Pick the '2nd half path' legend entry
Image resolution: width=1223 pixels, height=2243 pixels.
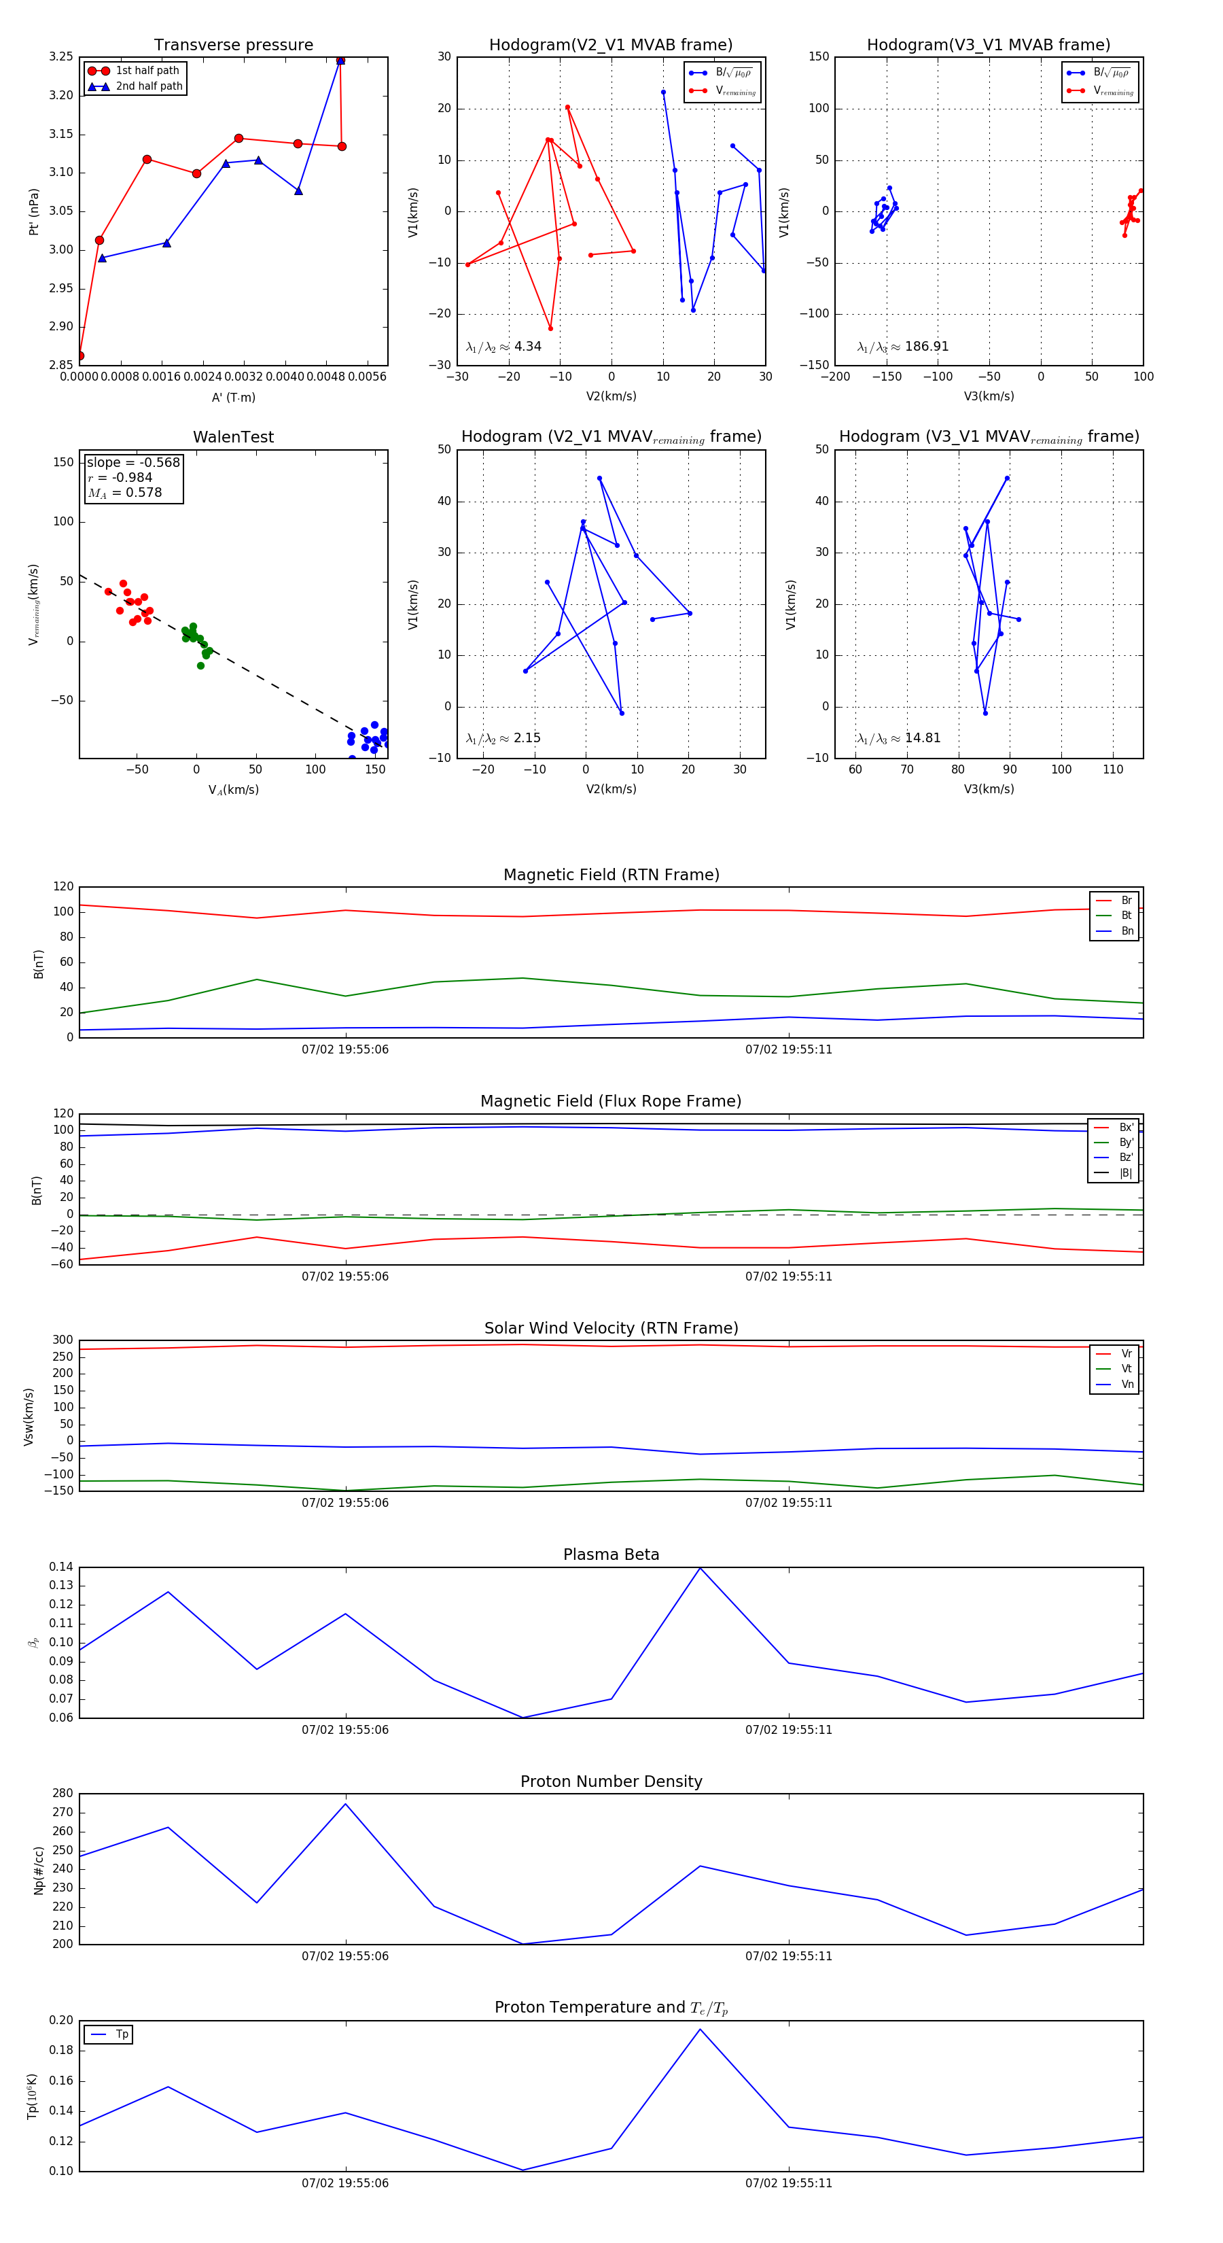tap(149, 86)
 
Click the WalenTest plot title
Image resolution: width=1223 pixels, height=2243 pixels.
tap(233, 437)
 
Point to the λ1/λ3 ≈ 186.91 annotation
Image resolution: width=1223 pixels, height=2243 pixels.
tap(903, 347)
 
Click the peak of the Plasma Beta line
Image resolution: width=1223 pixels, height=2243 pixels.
tap(700, 1568)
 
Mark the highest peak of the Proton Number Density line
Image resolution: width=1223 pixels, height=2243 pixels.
tap(346, 1803)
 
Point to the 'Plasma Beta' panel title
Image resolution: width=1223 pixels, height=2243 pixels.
tap(611, 1554)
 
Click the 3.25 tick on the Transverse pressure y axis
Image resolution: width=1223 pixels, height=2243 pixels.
tap(61, 56)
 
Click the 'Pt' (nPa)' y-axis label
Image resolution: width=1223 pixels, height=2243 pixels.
tap(34, 211)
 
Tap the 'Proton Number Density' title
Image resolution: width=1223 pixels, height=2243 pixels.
tap(611, 1781)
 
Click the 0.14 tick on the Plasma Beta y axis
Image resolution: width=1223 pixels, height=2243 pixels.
tap(61, 1567)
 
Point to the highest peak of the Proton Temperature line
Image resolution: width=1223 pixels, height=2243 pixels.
tap(700, 2030)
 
